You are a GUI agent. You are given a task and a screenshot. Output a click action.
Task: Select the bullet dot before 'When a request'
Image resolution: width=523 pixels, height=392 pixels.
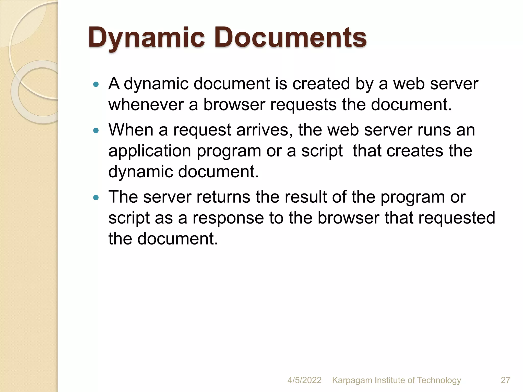pos(96,131)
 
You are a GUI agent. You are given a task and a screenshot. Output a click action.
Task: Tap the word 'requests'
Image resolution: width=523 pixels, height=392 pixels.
pos(303,105)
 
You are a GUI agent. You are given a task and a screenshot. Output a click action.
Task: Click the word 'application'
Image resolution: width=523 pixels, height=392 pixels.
pos(150,151)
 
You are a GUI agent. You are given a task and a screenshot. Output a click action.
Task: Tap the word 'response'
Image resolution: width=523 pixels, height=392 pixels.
pos(228,218)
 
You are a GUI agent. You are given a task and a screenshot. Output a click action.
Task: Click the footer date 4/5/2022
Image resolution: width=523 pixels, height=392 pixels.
pos(304,380)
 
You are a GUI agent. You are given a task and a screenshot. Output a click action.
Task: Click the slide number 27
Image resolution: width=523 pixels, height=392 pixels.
pos(505,380)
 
